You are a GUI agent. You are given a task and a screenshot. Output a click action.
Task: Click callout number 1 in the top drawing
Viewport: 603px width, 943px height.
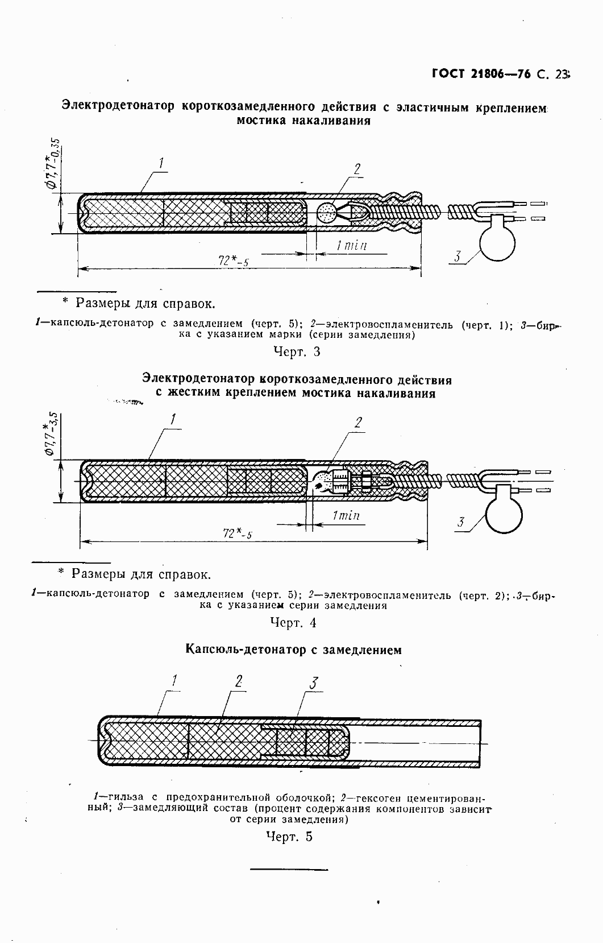click(161, 164)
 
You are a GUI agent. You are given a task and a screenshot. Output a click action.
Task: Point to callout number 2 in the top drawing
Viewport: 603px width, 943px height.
click(357, 169)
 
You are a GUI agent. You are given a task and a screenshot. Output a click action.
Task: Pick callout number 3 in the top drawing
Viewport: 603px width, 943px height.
click(458, 257)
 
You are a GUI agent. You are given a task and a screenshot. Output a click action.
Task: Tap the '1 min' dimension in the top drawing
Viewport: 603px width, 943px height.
click(351, 246)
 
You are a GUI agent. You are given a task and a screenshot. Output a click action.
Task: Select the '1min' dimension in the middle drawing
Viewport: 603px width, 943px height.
click(346, 516)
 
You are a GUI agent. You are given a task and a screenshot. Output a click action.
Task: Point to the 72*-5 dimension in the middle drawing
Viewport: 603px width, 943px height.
click(238, 533)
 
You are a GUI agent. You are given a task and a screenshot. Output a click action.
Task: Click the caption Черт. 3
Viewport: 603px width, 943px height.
click(297, 351)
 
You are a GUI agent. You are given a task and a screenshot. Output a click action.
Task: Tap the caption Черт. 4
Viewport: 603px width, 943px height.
click(293, 622)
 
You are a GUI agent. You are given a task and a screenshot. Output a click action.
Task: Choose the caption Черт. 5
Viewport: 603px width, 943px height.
click(289, 836)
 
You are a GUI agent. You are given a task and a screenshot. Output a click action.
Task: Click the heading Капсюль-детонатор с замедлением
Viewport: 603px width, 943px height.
click(293, 650)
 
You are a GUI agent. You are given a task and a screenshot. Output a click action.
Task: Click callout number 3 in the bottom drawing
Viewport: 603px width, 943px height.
click(314, 683)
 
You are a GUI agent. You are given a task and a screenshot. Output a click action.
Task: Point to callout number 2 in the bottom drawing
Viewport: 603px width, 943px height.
click(239, 681)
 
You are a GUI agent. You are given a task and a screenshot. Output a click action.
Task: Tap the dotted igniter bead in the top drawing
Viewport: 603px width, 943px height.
click(326, 213)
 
